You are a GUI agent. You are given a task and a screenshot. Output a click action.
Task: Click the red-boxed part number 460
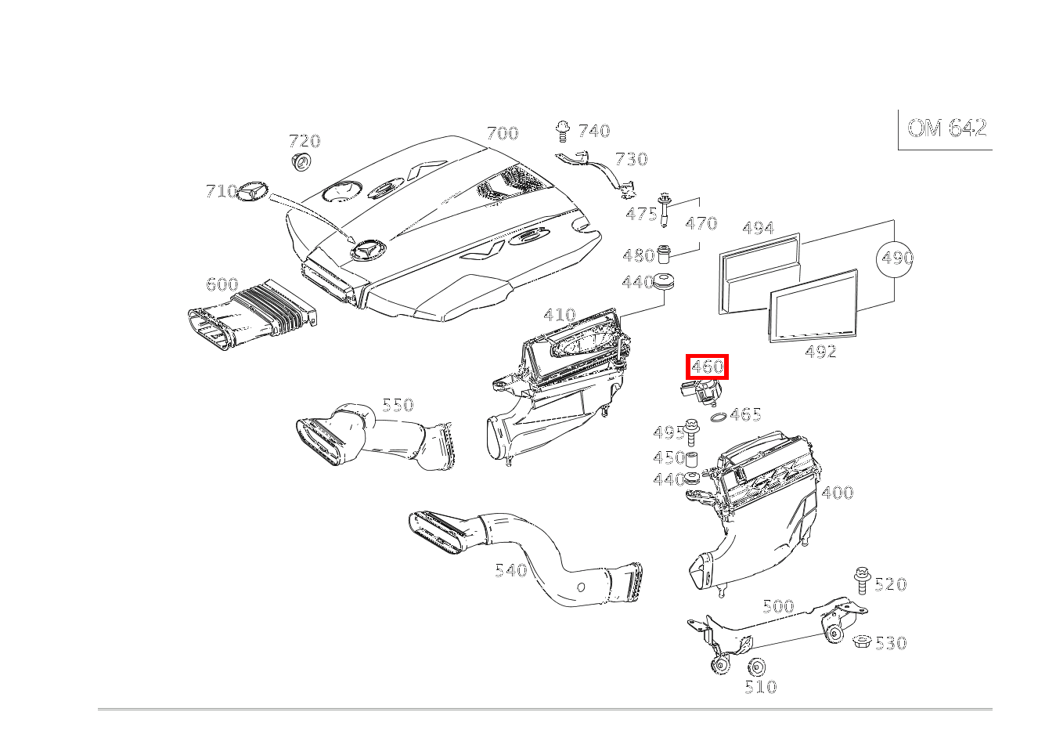707,367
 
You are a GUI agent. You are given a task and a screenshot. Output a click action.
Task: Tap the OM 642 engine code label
946,128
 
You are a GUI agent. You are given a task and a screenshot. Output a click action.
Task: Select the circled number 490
895,258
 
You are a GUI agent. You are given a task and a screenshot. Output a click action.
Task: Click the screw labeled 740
563,131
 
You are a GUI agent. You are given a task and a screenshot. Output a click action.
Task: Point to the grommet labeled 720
301,161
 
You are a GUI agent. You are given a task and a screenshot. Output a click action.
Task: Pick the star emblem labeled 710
253,190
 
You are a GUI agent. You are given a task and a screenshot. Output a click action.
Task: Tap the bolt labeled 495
691,432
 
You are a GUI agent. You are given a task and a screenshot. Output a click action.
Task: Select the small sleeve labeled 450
692,458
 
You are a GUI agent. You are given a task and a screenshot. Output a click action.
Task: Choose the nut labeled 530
863,641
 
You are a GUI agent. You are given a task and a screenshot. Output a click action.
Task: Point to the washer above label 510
757,667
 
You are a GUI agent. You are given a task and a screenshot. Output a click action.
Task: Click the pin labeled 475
665,210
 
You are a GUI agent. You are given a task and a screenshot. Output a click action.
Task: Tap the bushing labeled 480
664,254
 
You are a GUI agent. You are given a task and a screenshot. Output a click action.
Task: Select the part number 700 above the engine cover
503,133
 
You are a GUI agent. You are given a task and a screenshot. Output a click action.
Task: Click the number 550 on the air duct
398,405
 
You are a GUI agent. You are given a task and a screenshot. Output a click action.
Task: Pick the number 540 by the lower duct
510,570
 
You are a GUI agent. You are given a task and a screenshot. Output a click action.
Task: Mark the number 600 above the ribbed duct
222,284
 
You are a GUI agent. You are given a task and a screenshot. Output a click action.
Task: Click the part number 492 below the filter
820,352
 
